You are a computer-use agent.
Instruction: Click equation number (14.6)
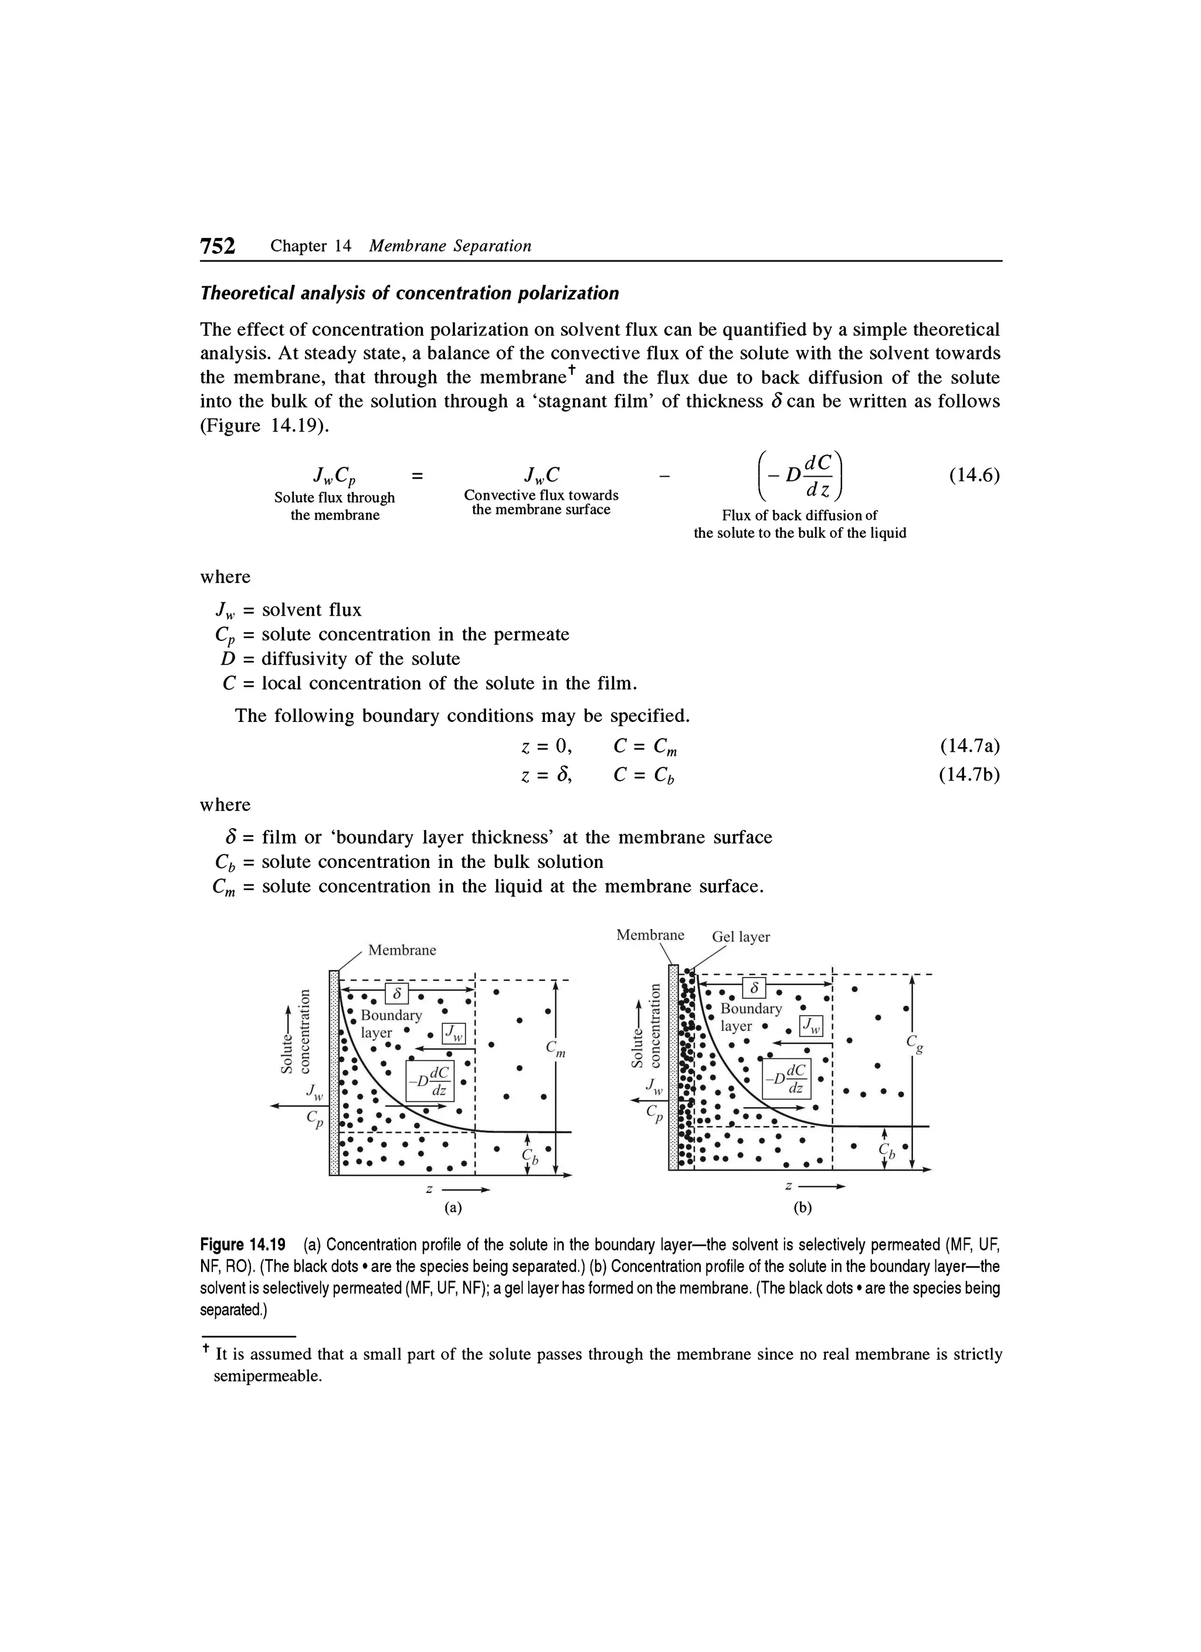[974, 475]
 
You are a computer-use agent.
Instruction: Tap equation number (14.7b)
[969, 775]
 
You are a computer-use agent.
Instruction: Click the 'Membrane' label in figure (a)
[402, 950]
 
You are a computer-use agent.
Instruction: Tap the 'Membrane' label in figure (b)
[650, 935]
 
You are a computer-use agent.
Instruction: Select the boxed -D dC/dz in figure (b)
[785, 1078]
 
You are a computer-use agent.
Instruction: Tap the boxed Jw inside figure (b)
[810, 1026]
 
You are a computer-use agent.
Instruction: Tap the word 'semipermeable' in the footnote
[267, 1377]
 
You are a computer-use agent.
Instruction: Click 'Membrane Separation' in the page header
[450, 246]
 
